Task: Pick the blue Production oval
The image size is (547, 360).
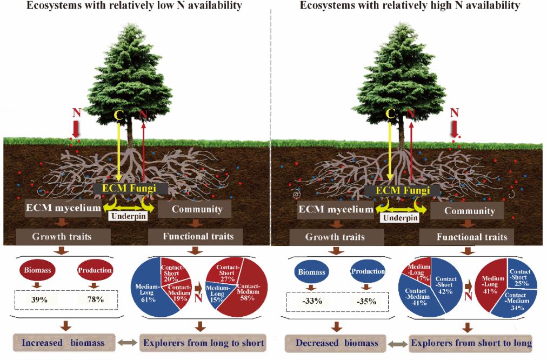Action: coord(368,271)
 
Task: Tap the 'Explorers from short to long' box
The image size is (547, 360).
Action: coord(471,342)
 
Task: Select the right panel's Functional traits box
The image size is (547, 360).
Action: coord(472,236)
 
